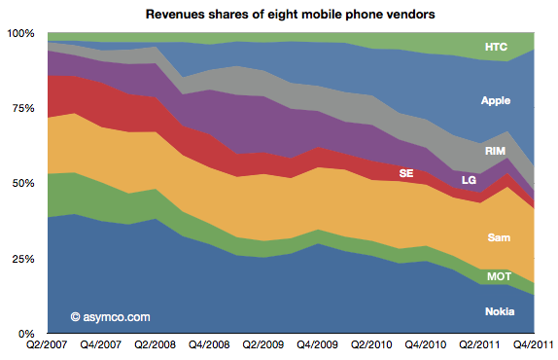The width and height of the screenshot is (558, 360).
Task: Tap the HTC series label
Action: [497, 47]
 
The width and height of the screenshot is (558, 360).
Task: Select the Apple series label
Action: [496, 100]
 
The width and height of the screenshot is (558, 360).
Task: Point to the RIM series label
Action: [496, 151]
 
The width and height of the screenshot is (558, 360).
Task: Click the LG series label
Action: [469, 181]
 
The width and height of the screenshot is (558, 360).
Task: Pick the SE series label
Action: [406, 173]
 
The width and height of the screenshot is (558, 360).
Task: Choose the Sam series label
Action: [498, 237]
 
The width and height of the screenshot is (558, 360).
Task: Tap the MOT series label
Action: [498, 277]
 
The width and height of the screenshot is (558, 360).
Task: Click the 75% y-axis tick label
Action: [21, 109]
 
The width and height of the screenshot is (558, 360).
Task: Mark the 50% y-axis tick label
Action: [21, 184]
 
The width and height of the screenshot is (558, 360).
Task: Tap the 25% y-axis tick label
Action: [21, 259]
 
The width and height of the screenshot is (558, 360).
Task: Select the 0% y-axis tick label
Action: [24, 334]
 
